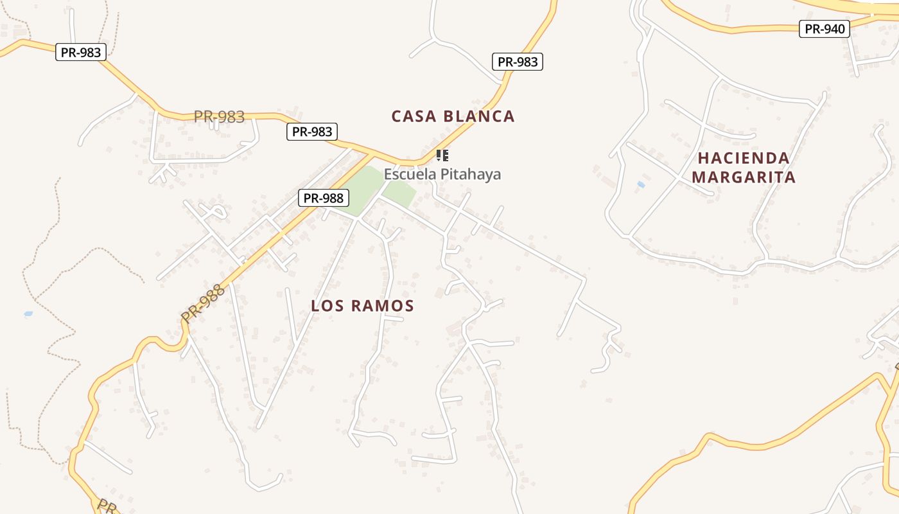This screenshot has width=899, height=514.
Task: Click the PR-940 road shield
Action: (825, 29)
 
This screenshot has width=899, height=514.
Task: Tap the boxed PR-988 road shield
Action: (324, 198)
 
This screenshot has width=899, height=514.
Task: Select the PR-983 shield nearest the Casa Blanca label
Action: (518, 62)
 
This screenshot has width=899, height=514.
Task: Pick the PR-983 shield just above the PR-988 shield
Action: (311, 132)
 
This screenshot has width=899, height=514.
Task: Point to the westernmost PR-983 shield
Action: (81, 52)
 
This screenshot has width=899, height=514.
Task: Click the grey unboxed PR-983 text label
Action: (219, 116)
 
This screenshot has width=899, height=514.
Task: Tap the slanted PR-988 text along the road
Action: (203, 303)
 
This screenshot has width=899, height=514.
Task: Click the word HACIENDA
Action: (744, 158)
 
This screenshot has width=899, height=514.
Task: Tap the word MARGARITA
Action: (744, 177)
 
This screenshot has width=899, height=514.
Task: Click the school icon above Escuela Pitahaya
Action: (442, 155)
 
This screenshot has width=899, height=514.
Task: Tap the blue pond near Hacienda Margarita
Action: (641, 184)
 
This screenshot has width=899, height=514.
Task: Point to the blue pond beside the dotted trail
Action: (28, 314)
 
